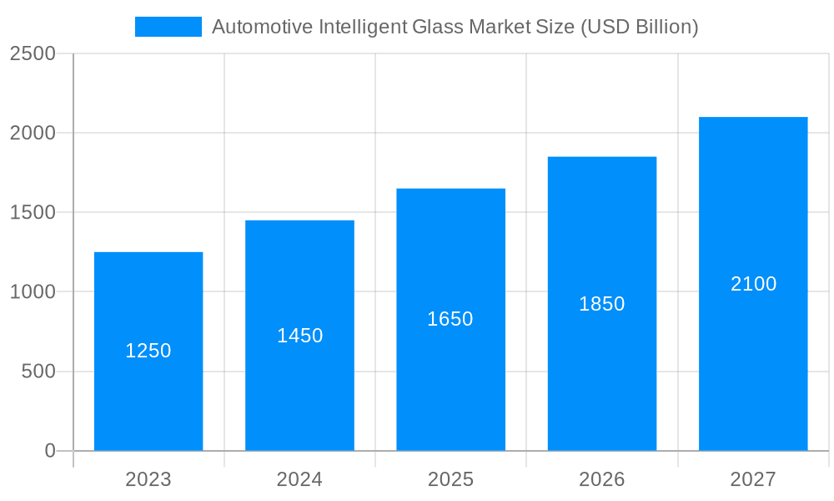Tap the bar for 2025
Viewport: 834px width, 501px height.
click(x=450, y=384)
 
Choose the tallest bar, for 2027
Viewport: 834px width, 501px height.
click(x=753, y=367)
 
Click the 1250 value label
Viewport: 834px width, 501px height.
click(x=148, y=351)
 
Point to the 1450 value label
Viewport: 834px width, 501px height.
click(x=299, y=336)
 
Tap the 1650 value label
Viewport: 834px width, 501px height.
click(x=450, y=319)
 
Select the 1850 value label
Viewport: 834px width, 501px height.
click(x=601, y=304)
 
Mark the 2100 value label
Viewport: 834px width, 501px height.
click(x=753, y=284)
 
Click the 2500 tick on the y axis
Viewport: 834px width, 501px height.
click(x=33, y=53)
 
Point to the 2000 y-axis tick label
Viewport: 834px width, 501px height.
click(x=33, y=133)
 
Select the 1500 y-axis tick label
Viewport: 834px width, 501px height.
click(x=33, y=212)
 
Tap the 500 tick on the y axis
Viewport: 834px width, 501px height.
click(x=38, y=372)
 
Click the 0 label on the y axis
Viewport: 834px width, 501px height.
click(x=50, y=451)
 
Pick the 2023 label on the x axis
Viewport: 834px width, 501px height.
click(x=148, y=479)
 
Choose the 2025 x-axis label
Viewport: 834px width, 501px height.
click(x=450, y=479)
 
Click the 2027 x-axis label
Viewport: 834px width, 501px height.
click(x=753, y=479)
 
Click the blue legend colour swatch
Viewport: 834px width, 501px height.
click(x=168, y=27)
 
